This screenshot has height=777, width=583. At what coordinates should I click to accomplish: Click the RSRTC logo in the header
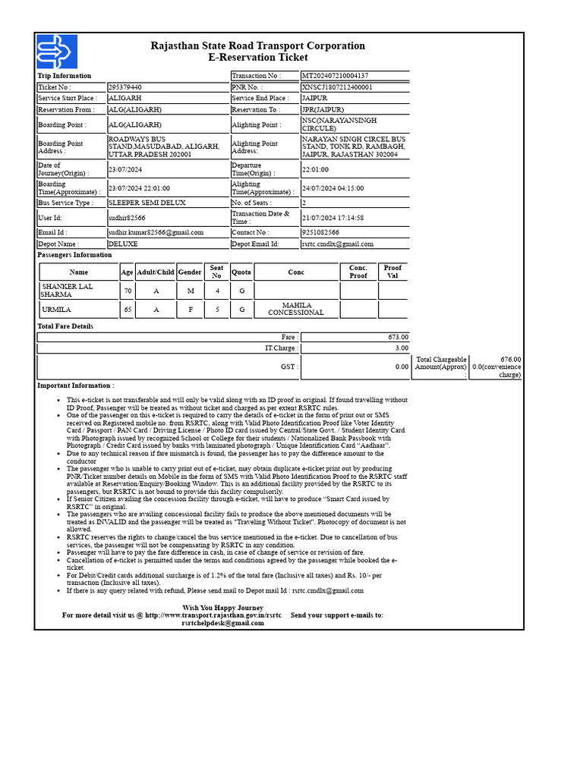pyautogui.click(x=57, y=52)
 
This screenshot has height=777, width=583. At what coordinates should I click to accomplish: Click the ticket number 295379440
pyautogui.click(x=124, y=87)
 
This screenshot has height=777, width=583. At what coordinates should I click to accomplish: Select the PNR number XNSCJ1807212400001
pyautogui.click(x=337, y=87)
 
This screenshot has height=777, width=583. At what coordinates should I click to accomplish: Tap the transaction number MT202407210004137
pyautogui.click(x=335, y=76)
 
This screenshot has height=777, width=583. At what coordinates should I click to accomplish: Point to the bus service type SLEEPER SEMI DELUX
pyautogui.click(x=147, y=203)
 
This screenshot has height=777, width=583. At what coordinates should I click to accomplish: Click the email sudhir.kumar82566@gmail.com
pyautogui.click(x=156, y=232)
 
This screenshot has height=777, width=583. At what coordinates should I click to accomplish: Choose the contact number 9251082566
pyautogui.click(x=320, y=232)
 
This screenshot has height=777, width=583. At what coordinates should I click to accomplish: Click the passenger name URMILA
pyautogui.click(x=57, y=310)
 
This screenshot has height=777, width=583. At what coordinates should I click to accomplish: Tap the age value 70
pyautogui.click(x=127, y=291)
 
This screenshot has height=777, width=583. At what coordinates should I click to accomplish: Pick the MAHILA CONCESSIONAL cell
pyautogui.click(x=296, y=309)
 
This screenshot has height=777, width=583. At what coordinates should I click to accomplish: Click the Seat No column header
pyautogui.click(x=216, y=272)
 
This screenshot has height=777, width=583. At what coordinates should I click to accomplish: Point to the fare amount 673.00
pyautogui.click(x=398, y=337)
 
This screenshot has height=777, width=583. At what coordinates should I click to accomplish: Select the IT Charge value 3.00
pyautogui.click(x=401, y=348)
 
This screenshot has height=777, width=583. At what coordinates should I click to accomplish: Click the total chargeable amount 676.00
pyautogui.click(x=510, y=360)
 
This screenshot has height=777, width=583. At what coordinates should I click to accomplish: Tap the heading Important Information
pyautogui.click(x=76, y=385)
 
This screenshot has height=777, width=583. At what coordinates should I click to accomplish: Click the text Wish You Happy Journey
pyautogui.click(x=222, y=608)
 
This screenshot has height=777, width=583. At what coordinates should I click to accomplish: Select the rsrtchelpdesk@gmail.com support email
pyautogui.click(x=222, y=623)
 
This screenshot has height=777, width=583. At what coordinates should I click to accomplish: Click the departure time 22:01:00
pyautogui.click(x=315, y=170)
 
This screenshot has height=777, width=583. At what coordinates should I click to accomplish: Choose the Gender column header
pyautogui.click(x=190, y=272)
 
